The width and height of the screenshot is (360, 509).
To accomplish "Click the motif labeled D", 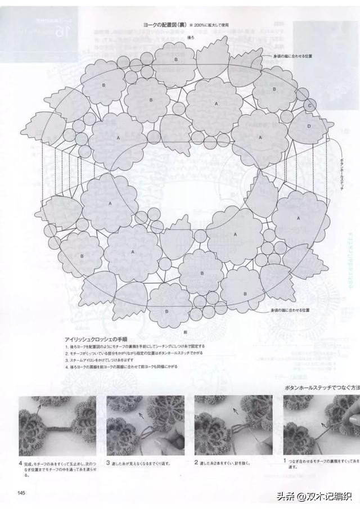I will [x=309, y=127].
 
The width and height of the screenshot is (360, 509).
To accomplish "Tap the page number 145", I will [x=21, y=493].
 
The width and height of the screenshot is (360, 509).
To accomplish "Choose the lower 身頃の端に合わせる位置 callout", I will [x=290, y=310].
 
